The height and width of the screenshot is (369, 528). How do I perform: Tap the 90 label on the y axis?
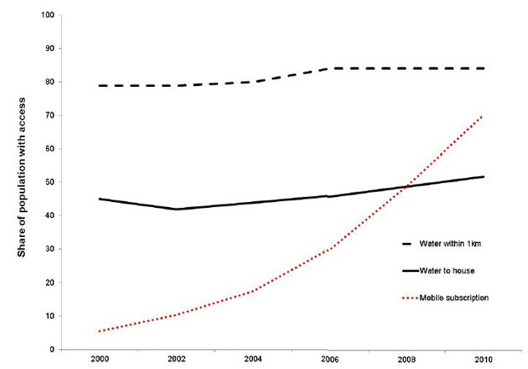[x=49, y=49]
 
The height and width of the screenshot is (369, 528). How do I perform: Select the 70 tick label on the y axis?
[x=49, y=115]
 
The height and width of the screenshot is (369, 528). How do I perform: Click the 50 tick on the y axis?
[x=49, y=182]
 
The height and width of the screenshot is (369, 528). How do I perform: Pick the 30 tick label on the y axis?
[x=49, y=249]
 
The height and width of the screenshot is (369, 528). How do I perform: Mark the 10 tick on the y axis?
[x=49, y=316]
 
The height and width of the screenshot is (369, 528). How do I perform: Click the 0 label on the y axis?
[x=52, y=349]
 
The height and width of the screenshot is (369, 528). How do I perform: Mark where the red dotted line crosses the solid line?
[x=409, y=187]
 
